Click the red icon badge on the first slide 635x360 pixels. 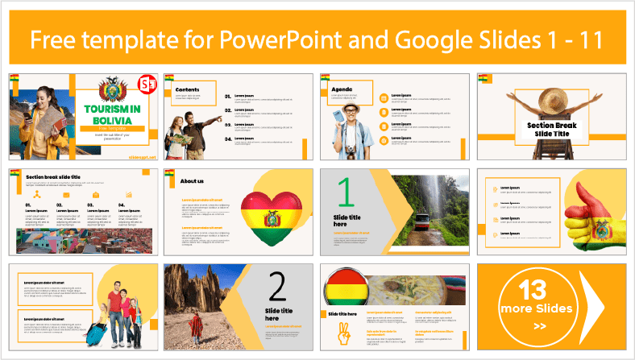click(147, 84)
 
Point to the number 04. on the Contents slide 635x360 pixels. click(228, 139)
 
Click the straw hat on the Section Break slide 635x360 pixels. click(552, 99)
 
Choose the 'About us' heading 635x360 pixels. click(193, 180)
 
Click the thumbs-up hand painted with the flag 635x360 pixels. click(594, 212)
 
